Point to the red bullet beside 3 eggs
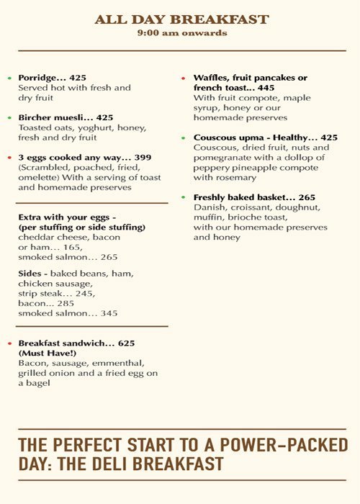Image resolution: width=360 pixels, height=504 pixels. click(9, 157)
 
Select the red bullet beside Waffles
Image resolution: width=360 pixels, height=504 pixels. click(184, 78)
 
